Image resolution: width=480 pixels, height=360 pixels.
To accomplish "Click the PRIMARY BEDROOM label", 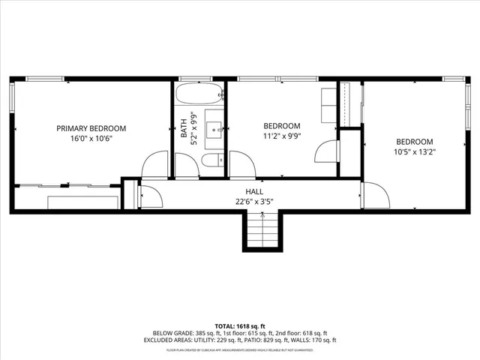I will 91,128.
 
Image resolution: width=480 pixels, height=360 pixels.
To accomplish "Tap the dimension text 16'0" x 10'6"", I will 91,139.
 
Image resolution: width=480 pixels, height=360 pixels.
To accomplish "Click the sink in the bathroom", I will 214,128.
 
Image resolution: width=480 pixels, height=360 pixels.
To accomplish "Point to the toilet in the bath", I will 213,160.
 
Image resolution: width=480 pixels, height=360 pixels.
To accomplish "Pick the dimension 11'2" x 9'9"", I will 282,136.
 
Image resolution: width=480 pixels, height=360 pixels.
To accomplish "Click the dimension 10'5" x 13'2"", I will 415,151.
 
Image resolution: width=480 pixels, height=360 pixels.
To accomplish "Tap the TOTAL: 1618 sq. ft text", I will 240,326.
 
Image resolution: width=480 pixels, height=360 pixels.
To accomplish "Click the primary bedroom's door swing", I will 156,166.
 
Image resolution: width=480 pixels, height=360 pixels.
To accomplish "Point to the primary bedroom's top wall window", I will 46,78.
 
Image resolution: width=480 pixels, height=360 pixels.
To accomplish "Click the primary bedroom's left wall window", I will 12,98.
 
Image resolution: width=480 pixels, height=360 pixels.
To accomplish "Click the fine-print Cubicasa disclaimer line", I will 240,349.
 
